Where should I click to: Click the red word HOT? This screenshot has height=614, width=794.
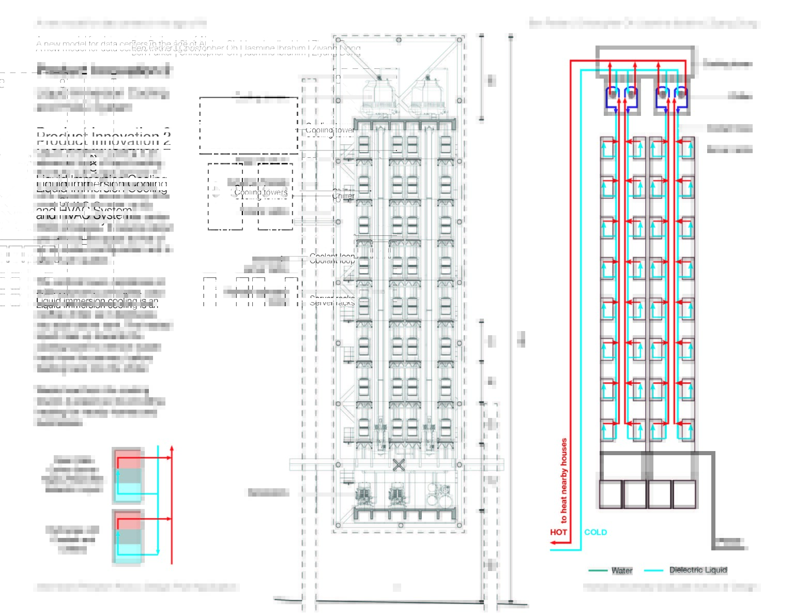(x=558, y=532)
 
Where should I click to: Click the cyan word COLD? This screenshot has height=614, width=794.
(x=595, y=532)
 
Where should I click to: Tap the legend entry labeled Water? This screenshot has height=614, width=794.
(x=621, y=570)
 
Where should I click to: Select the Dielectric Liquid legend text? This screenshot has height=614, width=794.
(x=698, y=570)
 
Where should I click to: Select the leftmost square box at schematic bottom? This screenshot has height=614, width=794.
(x=610, y=494)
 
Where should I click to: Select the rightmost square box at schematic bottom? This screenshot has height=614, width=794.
(x=684, y=494)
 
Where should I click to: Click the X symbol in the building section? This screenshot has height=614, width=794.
(x=399, y=465)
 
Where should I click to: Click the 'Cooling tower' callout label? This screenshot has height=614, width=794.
(x=330, y=130)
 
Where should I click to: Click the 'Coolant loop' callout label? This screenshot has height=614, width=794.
(x=332, y=258)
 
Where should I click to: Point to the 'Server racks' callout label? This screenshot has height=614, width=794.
(x=332, y=301)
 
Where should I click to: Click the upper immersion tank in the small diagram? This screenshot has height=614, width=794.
(x=127, y=475)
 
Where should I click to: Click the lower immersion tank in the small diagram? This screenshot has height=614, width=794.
(x=127, y=536)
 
